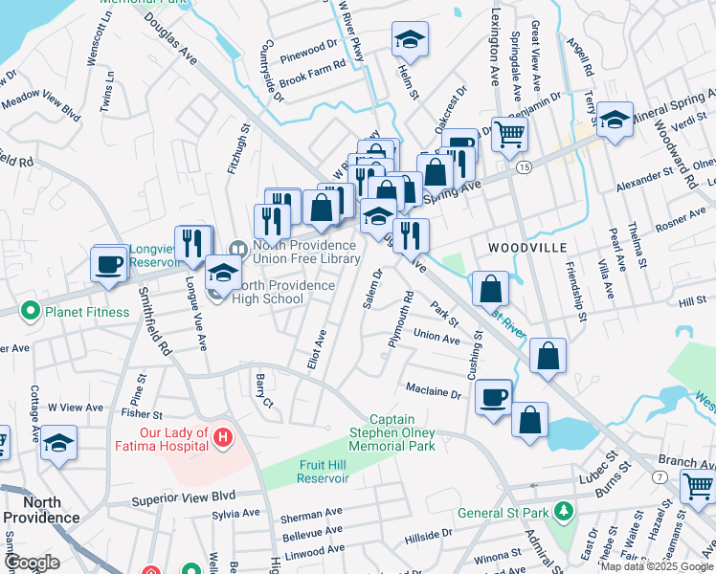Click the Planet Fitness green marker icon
[31, 311]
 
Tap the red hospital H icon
[223, 438]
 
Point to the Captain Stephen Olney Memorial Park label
[392, 432]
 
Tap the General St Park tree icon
[565, 513]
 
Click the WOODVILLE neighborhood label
[523, 247]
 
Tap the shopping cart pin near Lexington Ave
[509, 134]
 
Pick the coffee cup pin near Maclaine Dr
[494, 396]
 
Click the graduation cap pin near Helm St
[410, 39]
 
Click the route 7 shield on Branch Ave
[661, 476]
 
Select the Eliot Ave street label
[321, 349]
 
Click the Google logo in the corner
[33, 563]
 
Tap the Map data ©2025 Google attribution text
[657, 566]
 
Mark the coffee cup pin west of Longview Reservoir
[109, 262]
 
